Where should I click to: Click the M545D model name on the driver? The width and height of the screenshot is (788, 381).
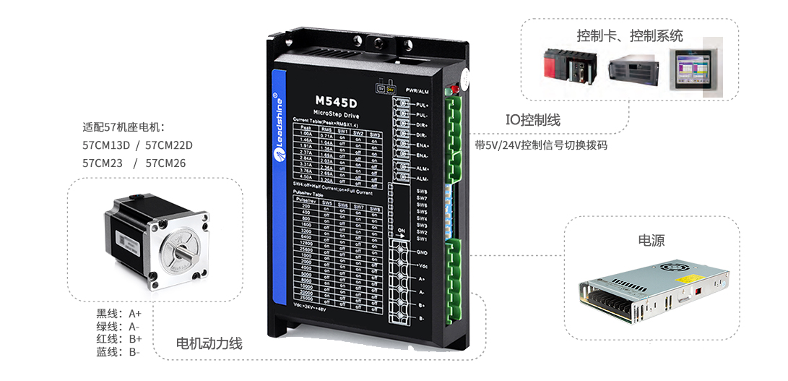coord(336,100)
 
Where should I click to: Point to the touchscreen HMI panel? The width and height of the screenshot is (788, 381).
coord(695,67)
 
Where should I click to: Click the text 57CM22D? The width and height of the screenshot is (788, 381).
coord(169,145)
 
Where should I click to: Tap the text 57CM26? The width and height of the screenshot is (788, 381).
coord(165,163)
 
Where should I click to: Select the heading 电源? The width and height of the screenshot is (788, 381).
coord(651,241)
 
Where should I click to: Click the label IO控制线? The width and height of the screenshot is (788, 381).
coord(532,120)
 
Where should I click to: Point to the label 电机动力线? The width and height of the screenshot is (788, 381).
coord(209,344)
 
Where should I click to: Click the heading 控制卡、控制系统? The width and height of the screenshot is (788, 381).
coord(629,35)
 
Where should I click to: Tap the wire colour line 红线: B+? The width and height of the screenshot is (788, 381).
coord(119,339)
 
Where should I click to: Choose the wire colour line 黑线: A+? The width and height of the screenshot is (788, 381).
coord(119,314)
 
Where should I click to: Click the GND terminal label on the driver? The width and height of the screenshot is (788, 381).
coord(422,250)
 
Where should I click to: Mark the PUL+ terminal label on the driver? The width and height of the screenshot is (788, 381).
coord(423,106)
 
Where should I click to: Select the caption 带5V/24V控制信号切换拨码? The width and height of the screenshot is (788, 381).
coord(541,145)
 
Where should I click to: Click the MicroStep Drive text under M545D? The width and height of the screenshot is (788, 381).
coord(336,115)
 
